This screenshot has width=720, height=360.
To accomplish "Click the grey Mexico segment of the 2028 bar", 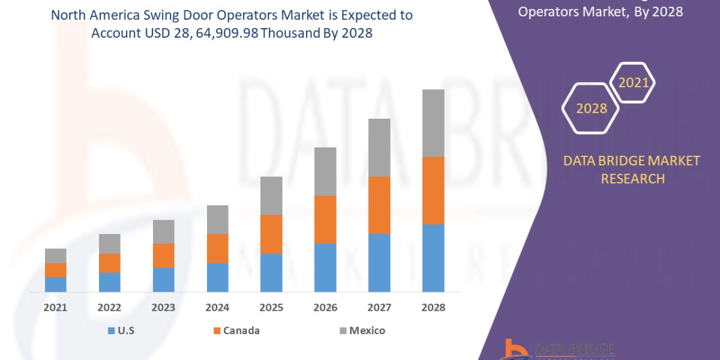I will coord(433,123).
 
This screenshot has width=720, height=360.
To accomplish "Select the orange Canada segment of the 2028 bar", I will coord(433,190).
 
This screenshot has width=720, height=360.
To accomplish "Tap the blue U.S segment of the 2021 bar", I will coord(56,284).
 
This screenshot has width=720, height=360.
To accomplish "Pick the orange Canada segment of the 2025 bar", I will coord(271,234).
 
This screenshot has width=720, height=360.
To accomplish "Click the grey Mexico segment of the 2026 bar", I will coord(325,171).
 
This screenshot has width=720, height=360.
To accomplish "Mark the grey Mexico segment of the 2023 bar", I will coord(163,232).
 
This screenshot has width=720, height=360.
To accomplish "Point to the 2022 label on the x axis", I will coord(109,307).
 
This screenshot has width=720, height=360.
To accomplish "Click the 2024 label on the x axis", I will coord(217,307).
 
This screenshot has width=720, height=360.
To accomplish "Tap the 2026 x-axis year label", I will coord(325,307).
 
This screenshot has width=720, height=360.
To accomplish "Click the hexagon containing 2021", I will coord(633,82).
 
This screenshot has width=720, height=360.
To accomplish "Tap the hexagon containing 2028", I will coord(591,109).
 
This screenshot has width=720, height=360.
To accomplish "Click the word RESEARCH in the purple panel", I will coord(632,179).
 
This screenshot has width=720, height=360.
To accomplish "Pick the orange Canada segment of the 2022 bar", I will coord(109,263).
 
